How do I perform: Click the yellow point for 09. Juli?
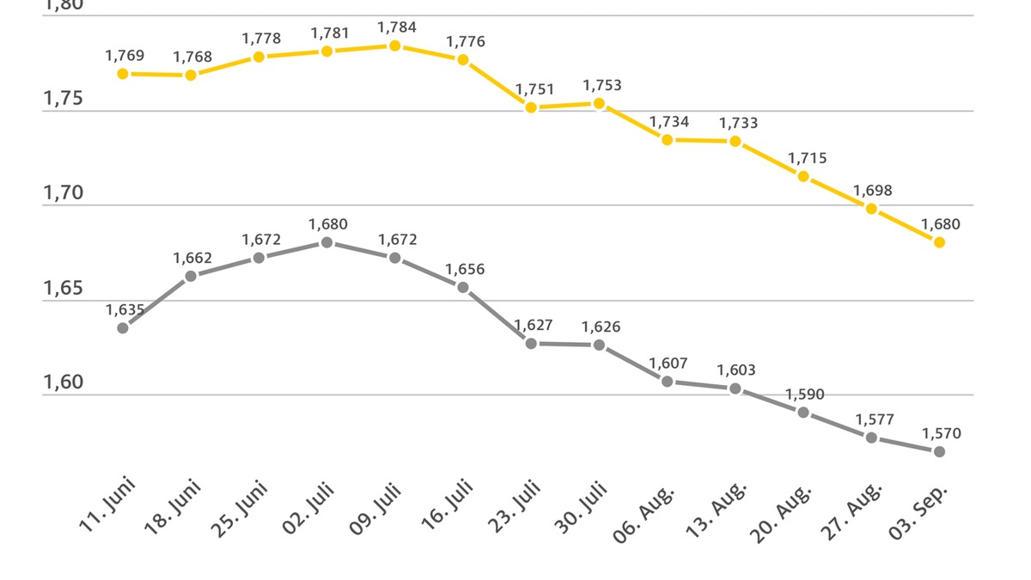(x=394, y=46)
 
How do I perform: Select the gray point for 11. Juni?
(x=123, y=327)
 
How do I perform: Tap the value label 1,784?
(x=396, y=27)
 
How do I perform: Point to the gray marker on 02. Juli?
(x=326, y=242)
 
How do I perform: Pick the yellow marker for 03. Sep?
(x=939, y=242)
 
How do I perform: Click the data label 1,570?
(x=941, y=434)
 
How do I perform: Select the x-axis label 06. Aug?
(x=644, y=514)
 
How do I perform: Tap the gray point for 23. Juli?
(x=531, y=343)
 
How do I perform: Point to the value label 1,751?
(x=534, y=89)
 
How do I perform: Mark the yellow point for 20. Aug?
(x=803, y=176)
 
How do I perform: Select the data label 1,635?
(x=125, y=309)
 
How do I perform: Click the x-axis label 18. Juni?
(x=172, y=508)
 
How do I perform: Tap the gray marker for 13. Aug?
(x=735, y=388)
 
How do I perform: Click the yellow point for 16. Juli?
(x=463, y=60)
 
